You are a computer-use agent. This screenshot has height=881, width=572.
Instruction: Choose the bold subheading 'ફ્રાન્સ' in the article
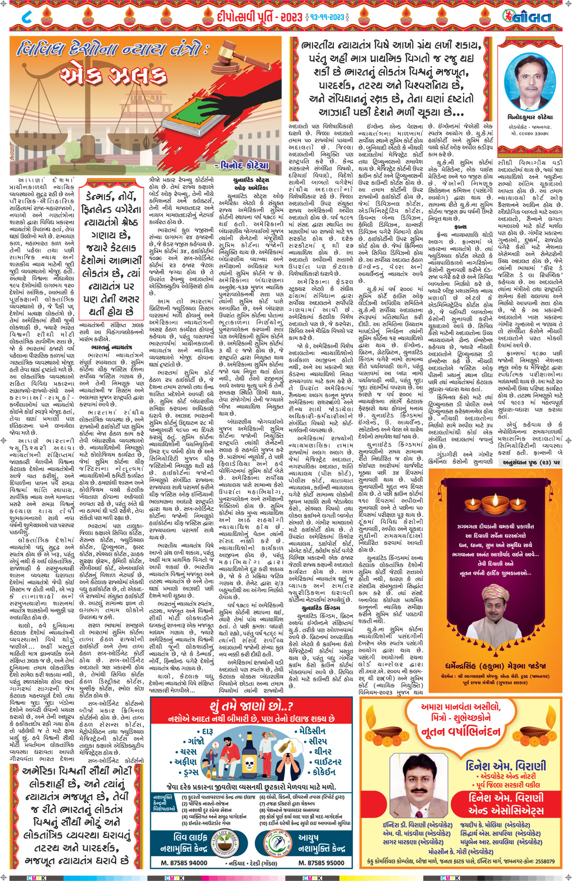(x=460, y=226)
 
